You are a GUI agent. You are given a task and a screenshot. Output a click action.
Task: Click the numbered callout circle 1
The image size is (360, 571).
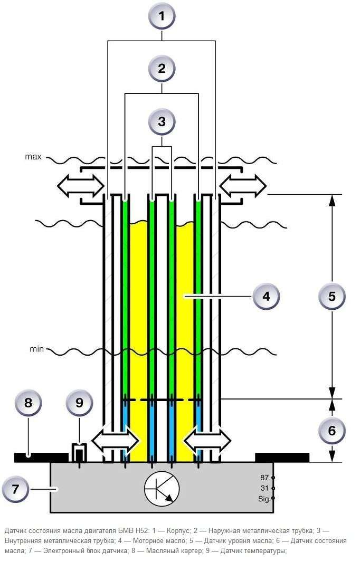click(x=162, y=16)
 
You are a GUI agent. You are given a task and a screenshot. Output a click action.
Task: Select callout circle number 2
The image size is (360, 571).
click(x=162, y=69)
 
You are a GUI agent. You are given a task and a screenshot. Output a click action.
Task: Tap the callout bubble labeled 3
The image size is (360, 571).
click(x=162, y=121)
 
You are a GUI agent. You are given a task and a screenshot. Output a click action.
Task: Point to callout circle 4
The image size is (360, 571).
click(x=267, y=296)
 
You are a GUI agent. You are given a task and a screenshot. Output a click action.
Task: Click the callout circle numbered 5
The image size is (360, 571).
click(x=331, y=296)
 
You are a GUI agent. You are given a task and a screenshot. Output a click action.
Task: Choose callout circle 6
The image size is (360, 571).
click(x=331, y=431)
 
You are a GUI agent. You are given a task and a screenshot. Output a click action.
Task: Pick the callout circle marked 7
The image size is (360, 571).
click(x=15, y=489)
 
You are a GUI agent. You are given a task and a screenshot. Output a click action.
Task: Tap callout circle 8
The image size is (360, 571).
click(x=28, y=403)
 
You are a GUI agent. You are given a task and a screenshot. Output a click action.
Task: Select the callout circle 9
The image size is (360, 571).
click(x=79, y=403)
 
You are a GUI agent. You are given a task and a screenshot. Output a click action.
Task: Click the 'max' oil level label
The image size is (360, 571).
click(x=33, y=157)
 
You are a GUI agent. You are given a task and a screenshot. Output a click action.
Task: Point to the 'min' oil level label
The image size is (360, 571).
click(x=36, y=349)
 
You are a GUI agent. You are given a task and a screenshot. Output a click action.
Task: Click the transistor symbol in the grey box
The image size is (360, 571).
click(x=162, y=489)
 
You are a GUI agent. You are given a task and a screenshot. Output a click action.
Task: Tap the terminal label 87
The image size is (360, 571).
click(x=264, y=478)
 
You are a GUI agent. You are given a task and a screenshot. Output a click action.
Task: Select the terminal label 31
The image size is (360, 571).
click(x=264, y=488)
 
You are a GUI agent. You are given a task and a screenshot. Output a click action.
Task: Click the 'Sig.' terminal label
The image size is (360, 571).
click(x=264, y=499)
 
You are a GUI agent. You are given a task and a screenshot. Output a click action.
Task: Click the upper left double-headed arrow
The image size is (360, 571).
click(x=81, y=186)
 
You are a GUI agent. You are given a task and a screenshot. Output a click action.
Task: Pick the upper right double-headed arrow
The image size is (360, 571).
click(x=243, y=186)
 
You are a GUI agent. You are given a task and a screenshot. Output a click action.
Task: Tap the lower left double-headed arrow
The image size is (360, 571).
click(x=116, y=441)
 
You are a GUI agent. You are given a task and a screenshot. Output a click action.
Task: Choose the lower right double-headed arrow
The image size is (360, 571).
click(x=207, y=441)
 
